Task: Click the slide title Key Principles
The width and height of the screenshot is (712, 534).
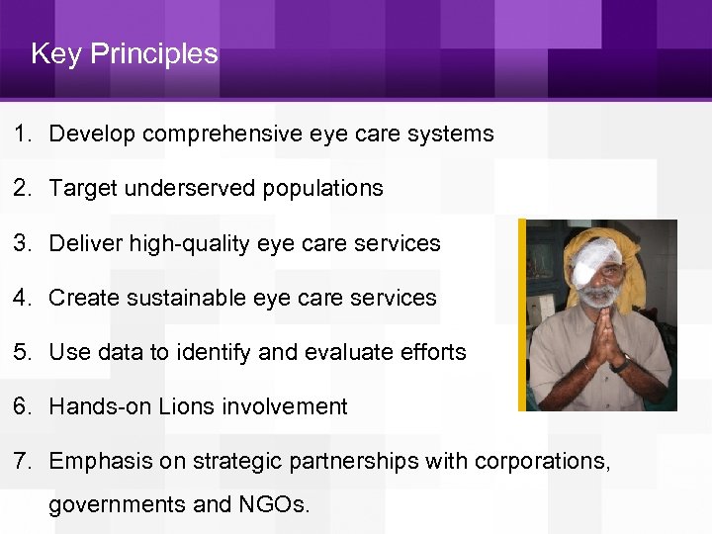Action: click(124, 53)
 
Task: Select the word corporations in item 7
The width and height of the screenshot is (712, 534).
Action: click(542, 461)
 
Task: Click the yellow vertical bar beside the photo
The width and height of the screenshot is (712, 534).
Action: click(522, 314)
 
